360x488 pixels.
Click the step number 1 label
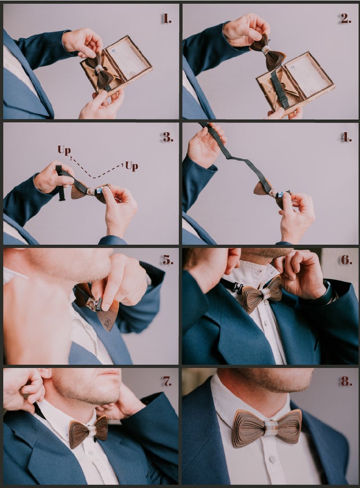coord(166,19)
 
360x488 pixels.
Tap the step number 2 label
coord(346,19)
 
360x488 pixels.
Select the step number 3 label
coord(168,137)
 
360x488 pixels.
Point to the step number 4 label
coord(346,137)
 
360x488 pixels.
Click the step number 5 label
coord(168,259)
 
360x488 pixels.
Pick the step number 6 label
coord(346,259)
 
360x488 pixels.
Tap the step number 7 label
coord(168,381)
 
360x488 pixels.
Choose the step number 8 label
coord(346,381)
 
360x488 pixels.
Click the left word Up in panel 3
coord(64,150)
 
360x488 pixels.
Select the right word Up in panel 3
coord(132,166)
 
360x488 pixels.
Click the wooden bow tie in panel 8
coord(267,428)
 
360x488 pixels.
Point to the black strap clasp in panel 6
coord(237,288)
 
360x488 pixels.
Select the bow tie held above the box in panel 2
coord(268,52)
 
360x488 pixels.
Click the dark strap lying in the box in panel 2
coord(278,89)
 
